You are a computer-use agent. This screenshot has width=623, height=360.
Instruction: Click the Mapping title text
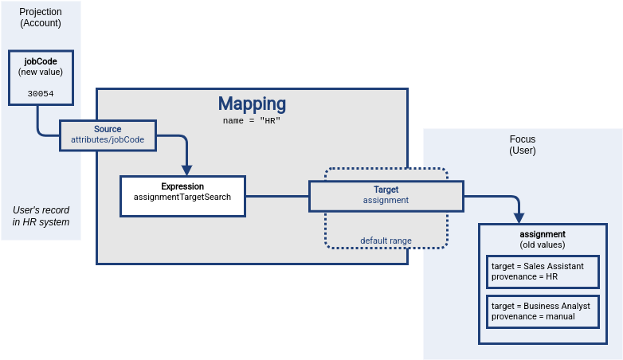(x=252, y=104)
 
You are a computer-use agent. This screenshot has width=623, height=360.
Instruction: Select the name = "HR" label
(x=252, y=120)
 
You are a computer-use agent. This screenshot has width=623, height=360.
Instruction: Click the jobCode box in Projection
(x=41, y=78)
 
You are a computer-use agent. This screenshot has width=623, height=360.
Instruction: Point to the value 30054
(x=41, y=93)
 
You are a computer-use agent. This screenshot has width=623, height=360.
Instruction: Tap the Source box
(x=108, y=135)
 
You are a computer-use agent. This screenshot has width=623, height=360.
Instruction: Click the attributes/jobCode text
(x=108, y=140)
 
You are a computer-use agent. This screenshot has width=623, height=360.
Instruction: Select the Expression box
(x=182, y=196)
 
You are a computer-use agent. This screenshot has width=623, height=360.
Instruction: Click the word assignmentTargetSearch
(x=182, y=197)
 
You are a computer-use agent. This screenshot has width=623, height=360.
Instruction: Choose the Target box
(x=386, y=195)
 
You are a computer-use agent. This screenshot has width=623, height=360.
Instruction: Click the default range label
(x=386, y=241)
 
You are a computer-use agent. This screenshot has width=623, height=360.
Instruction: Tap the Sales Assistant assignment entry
(x=542, y=272)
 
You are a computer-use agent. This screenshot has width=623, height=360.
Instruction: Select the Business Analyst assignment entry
(x=542, y=311)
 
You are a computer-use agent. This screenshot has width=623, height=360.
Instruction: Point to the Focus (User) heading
(x=523, y=144)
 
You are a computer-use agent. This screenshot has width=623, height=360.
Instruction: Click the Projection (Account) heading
(x=41, y=18)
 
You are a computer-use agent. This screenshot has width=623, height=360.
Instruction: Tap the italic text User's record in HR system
(x=41, y=216)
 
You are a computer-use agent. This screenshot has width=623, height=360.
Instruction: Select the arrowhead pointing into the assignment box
(x=519, y=217)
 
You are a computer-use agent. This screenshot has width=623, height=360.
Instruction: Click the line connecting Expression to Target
(x=276, y=196)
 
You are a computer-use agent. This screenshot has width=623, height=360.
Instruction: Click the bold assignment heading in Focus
(x=542, y=234)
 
